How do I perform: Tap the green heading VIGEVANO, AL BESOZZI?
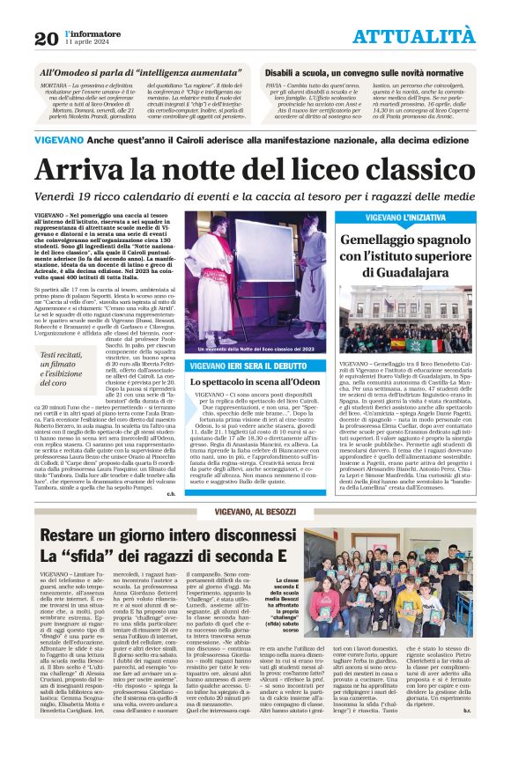[x=255, y=513]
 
